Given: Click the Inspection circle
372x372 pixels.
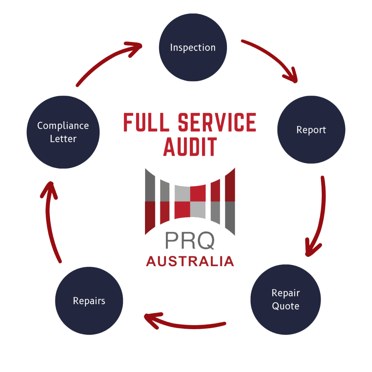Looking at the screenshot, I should (x=193, y=48).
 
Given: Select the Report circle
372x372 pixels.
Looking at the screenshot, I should (x=311, y=130).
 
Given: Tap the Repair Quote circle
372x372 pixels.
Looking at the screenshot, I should (x=286, y=299).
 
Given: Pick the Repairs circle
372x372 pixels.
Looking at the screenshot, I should (x=89, y=301).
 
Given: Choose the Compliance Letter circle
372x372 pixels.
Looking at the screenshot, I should (x=63, y=132).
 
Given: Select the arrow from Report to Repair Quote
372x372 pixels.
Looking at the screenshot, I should (x=321, y=216).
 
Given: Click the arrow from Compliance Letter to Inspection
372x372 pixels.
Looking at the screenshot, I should (x=105, y=60).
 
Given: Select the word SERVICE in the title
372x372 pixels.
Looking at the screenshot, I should (x=217, y=122).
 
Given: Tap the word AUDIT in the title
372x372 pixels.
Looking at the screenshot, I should (x=190, y=147).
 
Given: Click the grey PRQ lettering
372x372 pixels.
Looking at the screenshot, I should (x=190, y=241).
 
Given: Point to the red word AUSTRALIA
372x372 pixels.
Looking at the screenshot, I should (x=190, y=261).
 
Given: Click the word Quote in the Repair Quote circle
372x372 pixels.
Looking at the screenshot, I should (x=286, y=306).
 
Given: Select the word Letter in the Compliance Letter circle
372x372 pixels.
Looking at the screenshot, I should (x=63, y=139).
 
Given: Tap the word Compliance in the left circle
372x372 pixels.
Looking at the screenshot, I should (x=63, y=126).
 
